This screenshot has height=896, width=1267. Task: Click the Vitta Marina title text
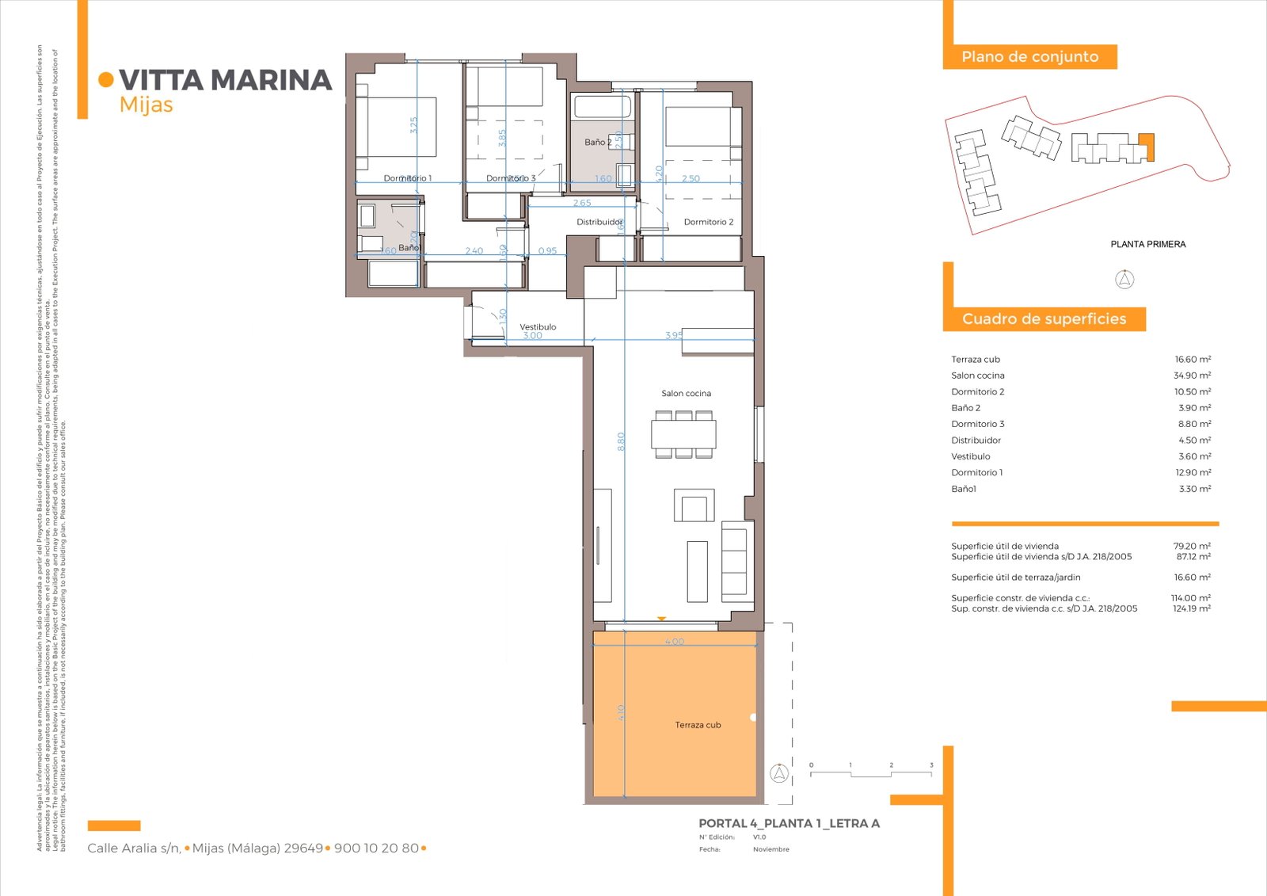(x=225, y=80)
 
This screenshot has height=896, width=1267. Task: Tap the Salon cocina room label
(x=686, y=393)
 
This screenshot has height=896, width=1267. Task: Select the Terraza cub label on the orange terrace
(x=698, y=725)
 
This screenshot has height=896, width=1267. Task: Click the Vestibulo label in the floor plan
(x=538, y=326)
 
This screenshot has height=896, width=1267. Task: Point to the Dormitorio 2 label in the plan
(x=708, y=222)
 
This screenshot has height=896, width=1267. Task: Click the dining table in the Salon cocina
(x=683, y=434)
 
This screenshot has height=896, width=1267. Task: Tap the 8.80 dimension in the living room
(x=622, y=441)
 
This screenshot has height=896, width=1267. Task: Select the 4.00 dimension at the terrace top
(x=674, y=641)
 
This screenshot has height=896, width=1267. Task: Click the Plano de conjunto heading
(x=1029, y=56)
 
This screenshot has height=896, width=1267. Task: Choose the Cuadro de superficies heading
(x=1044, y=318)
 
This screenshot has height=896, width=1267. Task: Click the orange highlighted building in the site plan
(x=1146, y=147)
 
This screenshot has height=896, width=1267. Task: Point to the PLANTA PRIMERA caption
(x=1147, y=244)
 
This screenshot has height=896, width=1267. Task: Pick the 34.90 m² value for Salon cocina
(x=1192, y=376)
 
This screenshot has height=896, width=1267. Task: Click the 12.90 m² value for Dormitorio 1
(x=1193, y=472)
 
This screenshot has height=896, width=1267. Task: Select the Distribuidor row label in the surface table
(x=976, y=440)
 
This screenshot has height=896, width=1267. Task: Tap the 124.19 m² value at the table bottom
(x=1191, y=608)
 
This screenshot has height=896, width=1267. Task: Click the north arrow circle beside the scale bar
(x=779, y=773)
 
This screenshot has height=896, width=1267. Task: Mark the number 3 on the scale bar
(x=931, y=765)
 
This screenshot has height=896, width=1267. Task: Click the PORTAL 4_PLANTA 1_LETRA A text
(x=789, y=823)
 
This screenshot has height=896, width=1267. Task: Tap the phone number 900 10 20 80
(x=376, y=848)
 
